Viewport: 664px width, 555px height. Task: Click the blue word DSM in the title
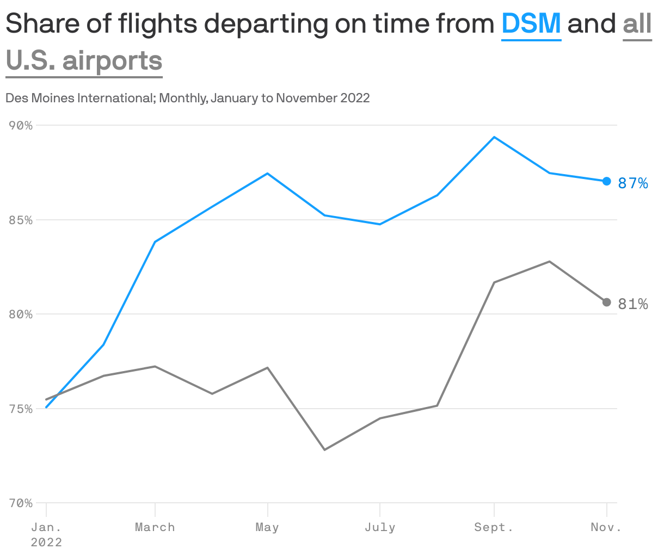click(531, 23)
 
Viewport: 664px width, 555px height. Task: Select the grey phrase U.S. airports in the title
click(84, 60)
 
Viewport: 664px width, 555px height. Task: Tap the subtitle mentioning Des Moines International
click(187, 98)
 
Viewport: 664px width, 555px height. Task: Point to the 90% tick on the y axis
click(21, 126)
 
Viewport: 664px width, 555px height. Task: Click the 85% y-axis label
click(21, 220)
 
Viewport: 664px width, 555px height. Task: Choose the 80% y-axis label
click(21, 314)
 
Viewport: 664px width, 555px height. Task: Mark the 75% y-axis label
click(21, 409)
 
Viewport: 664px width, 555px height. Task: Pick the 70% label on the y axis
click(21, 503)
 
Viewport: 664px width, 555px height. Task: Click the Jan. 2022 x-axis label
click(46, 534)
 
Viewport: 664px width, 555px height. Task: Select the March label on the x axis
click(155, 527)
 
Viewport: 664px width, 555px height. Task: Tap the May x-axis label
click(267, 527)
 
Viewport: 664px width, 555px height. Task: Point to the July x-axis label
click(380, 527)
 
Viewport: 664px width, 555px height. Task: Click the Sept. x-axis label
click(494, 527)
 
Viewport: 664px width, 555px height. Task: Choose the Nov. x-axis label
click(606, 527)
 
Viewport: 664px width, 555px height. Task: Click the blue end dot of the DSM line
click(606, 181)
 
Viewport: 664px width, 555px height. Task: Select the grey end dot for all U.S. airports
click(606, 302)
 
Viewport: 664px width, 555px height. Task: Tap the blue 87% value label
click(633, 183)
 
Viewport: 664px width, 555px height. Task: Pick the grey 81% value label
click(633, 304)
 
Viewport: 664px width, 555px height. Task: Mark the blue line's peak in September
click(494, 137)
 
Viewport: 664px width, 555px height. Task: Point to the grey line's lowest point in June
click(324, 450)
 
